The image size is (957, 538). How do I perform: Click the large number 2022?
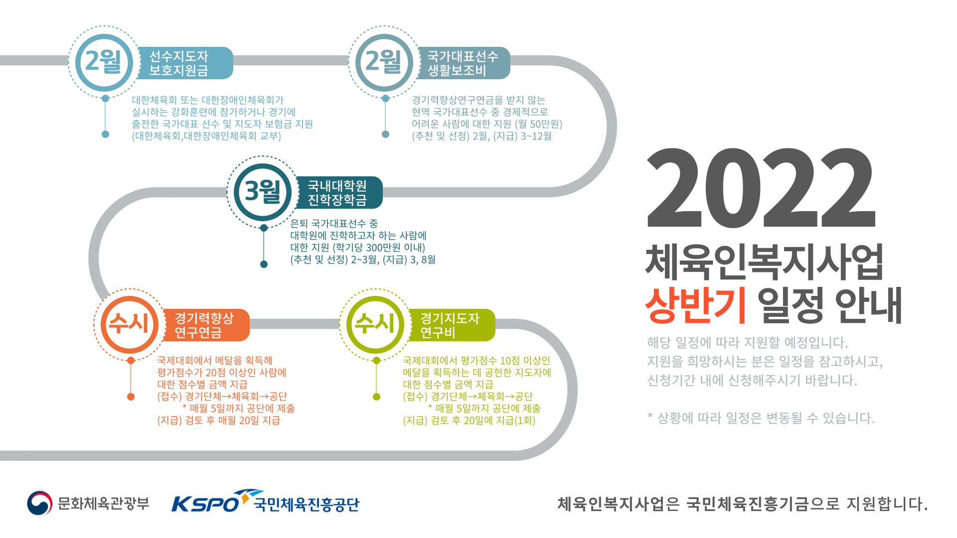click(x=761, y=188)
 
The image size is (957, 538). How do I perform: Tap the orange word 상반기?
click(x=695, y=304)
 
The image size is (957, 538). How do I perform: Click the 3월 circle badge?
click(x=263, y=192)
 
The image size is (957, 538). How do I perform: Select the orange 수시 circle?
click(x=130, y=324)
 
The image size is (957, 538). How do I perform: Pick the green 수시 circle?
click(x=375, y=324)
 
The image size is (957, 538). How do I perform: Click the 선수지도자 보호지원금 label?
click(x=179, y=63)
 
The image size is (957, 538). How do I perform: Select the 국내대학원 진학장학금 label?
click(x=338, y=193)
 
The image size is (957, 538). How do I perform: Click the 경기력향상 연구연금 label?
click(x=204, y=325)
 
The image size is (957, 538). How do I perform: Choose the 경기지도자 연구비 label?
click(x=450, y=325)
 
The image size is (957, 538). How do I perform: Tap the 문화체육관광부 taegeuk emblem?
click(x=39, y=503)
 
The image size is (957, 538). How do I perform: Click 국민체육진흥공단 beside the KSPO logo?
click(x=307, y=505)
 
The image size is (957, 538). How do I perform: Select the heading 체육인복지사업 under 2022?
click(x=764, y=262)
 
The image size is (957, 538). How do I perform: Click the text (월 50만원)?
click(x=538, y=124)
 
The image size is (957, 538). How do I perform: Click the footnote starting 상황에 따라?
click(x=761, y=418)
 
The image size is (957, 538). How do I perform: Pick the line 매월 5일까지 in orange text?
click(x=239, y=408)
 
